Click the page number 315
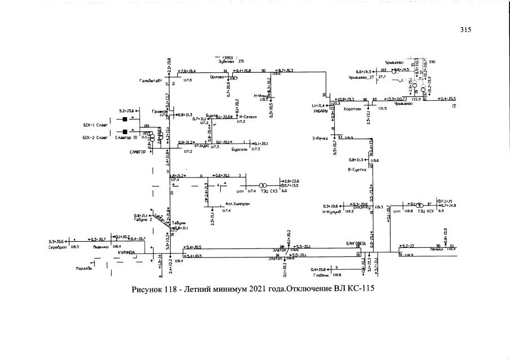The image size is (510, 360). coord(464,30)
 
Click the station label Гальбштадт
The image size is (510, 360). coord(151,81)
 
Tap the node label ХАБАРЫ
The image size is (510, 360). coord(320,111)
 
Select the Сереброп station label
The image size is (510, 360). coord(58,247)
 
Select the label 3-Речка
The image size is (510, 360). coord(320,138)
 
